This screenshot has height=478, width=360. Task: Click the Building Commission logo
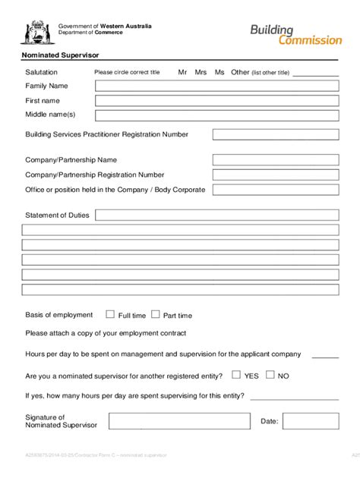(x=296, y=34)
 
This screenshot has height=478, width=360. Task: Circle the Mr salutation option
(x=182, y=72)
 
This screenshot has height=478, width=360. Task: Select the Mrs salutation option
(x=201, y=72)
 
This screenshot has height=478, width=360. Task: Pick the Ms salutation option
(x=219, y=72)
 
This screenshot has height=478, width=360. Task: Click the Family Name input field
(x=216, y=86)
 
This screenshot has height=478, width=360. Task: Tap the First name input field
(x=216, y=101)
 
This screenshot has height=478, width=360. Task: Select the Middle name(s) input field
(x=216, y=115)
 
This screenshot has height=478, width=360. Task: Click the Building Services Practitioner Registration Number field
(x=275, y=135)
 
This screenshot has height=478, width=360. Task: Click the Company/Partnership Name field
(x=275, y=160)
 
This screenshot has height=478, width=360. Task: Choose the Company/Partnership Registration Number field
(x=275, y=175)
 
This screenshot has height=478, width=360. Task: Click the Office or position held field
(x=275, y=190)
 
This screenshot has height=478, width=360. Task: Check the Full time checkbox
(x=110, y=314)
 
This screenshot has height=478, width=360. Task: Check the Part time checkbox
(x=156, y=314)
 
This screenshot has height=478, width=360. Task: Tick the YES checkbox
(x=236, y=375)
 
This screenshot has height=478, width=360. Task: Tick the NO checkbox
(x=270, y=375)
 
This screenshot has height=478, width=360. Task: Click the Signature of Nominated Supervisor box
(x=179, y=421)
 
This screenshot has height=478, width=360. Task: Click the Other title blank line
(x=315, y=74)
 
